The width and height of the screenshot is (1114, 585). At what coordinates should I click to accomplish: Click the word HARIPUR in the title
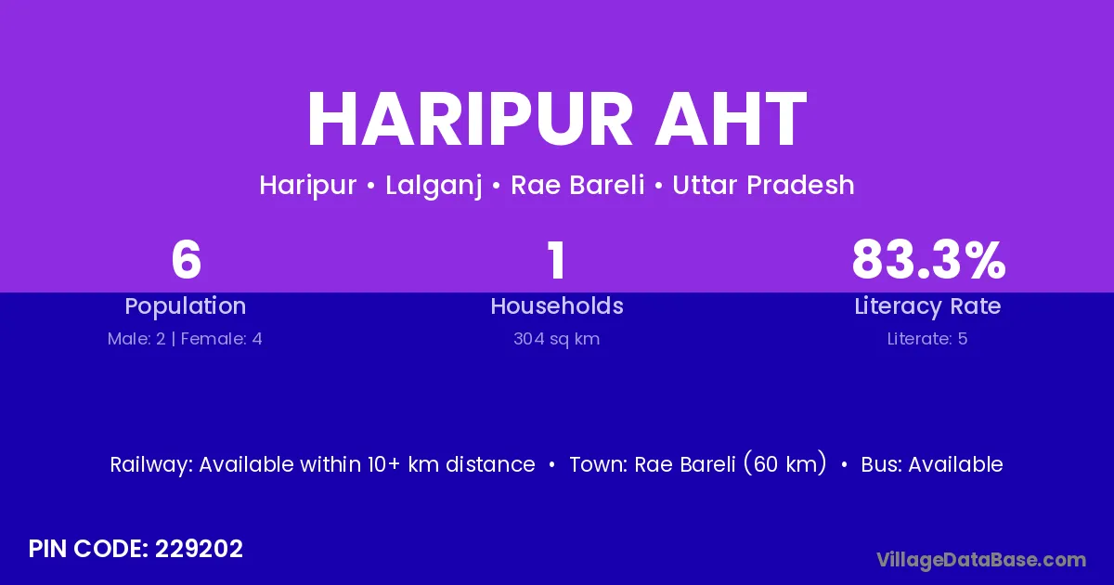470,119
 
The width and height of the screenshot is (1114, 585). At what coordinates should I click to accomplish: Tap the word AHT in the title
731,119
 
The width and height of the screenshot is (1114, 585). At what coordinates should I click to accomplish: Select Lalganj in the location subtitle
434,186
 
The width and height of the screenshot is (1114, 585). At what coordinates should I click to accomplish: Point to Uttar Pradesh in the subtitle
763,185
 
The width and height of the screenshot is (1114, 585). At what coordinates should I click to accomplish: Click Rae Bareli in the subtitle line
577,185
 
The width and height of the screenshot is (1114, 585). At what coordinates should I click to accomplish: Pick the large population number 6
186,260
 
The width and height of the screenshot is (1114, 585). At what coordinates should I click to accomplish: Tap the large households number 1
556,260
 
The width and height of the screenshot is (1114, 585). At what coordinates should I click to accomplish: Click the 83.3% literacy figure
928,260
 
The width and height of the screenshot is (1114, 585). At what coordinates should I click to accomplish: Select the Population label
186,306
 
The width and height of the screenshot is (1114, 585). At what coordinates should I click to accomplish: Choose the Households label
557,305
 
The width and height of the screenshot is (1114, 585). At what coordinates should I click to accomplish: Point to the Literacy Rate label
927,306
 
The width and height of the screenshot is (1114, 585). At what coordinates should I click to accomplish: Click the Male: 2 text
136,339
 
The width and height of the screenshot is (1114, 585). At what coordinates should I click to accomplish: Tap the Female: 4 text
221,339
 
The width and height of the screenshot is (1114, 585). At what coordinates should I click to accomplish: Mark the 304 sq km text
556,339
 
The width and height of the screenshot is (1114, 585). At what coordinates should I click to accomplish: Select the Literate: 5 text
927,339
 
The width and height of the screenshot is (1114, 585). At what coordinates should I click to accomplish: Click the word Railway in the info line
151,464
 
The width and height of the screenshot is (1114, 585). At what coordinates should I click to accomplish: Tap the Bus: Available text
932,464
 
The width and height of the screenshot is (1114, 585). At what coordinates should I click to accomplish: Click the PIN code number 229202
199,549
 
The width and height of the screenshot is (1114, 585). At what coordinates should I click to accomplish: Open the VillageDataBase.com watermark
981,560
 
